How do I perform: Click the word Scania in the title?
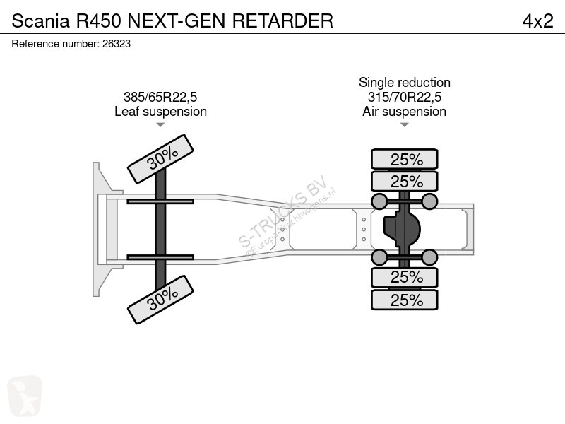pyautogui.click(x=40, y=21)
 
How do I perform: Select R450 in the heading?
pyautogui.click(x=98, y=21)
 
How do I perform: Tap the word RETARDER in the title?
pyautogui.click(x=282, y=21)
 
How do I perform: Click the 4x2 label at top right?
pyautogui.click(x=538, y=21)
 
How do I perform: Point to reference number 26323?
pyautogui.click(x=117, y=44)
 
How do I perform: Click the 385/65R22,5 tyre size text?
pyautogui.click(x=160, y=97)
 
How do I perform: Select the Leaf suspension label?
pyautogui.click(x=161, y=112)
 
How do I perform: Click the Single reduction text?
pyautogui.click(x=405, y=83)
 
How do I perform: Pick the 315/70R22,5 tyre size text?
pyautogui.click(x=405, y=97)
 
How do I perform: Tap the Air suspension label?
pyautogui.click(x=404, y=112)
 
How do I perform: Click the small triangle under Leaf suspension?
pyautogui.click(x=160, y=125)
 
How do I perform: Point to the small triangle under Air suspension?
pyautogui.click(x=404, y=125)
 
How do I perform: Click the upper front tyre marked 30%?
pyautogui.click(x=161, y=159)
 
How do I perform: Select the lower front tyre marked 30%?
pyautogui.click(x=161, y=300)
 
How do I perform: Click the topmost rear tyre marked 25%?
pyautogui.click(x=405, y=159)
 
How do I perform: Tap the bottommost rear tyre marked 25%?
pyautogui.click(x=405, y=300)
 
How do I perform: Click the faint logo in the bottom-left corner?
pyautogui.click(x=25, y=396)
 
